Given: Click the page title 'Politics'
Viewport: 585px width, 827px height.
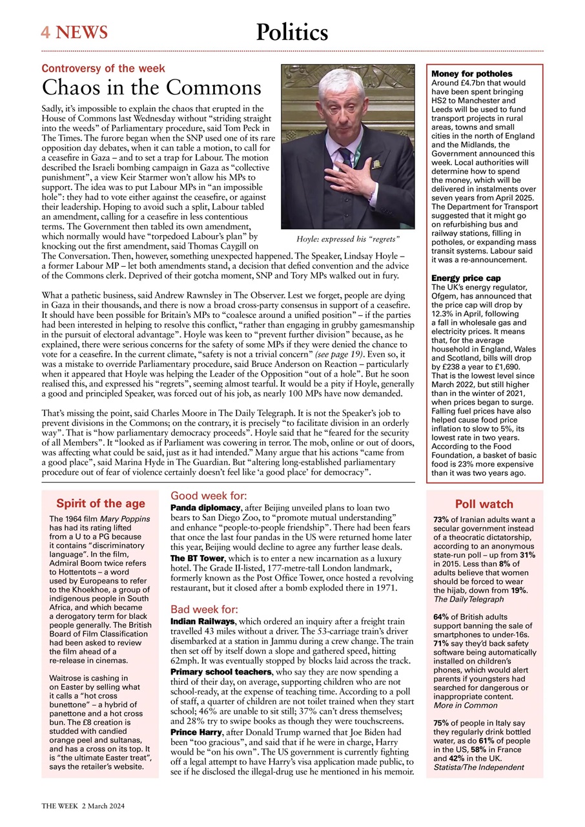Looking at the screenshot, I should (292, 32).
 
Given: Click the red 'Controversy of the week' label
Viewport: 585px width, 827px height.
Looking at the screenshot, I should (103, 68).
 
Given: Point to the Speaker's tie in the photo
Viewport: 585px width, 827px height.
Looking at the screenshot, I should (347, 157).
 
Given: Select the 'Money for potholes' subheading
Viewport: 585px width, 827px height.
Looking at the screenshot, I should (471, 74).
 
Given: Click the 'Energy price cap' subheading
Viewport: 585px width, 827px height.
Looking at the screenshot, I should (466, 278).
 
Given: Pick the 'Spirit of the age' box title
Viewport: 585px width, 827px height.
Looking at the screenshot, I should (101, 504).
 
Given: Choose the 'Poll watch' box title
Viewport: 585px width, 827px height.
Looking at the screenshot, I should (484, 505).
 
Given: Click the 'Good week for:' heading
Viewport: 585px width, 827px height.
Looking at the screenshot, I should (209, 496).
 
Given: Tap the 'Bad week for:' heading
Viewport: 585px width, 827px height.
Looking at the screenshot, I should (204, 609).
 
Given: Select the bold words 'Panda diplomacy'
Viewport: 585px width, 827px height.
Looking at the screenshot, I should (205, 508).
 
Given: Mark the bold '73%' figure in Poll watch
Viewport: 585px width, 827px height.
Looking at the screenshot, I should (441, 519).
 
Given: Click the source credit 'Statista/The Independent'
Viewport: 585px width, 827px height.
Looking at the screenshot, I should (478, 768).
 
